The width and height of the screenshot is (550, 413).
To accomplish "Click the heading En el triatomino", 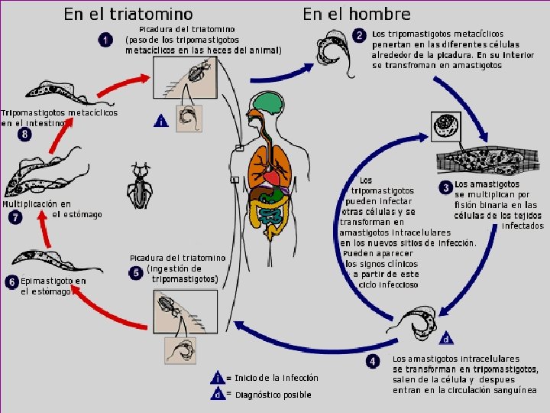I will pyautogui.click(x=128, y=14).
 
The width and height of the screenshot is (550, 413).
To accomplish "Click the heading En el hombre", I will pyautogui.click(x=356, y=14).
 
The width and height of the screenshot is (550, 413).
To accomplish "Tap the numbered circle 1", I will pyautogui.click(x=105, y=40).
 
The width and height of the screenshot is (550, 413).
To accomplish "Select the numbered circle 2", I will pyautogui.click(x=359, y=36).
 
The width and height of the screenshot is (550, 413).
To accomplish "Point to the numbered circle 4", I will pyautogui.click(x=372, y=361).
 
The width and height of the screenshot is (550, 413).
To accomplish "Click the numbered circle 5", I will pyautogui.click(x=135, y=272).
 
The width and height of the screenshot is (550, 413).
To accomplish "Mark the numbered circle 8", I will pyautogui.click(x=25, y=134).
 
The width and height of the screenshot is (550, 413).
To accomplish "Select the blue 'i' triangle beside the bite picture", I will pyautogui.click(x=160, y=121).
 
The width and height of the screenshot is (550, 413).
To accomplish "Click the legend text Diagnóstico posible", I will pyautogui.click(x=273, y=395).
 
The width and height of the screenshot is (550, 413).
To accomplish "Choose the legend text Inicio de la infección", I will pyautogui.click(x=276, y=378).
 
